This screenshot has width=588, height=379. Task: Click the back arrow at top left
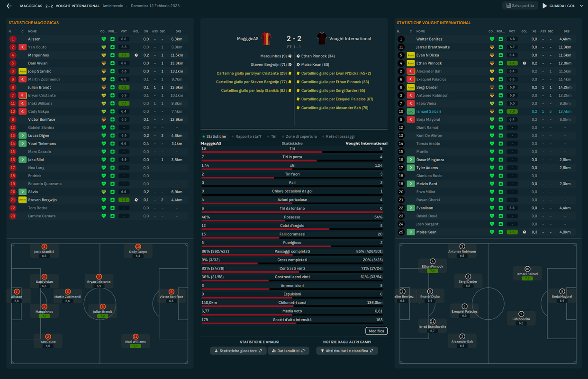click(x=9, y=6)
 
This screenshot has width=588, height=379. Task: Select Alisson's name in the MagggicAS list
click(x=34, y=39)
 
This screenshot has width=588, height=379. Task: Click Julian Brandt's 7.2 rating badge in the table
click(x=124, y=88)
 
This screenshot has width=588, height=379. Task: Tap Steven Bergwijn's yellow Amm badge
click(x=22, y=200)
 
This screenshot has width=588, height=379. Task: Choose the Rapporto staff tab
click(x=248, y=136)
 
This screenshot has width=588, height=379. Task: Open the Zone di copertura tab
click(x=300, y=136)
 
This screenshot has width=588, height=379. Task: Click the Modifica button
click(x=376, y=331)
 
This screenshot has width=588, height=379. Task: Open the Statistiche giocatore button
click(x=238, y=351)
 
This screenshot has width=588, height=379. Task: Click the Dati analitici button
click(x=289, y=351)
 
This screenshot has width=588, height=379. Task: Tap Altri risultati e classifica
click(x=347, y=351)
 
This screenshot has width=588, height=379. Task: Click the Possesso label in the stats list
click(x=292, y=217)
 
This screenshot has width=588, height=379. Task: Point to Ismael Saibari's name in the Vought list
click(x=428, y=112)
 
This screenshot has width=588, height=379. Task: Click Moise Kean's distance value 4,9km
click(x=564, y=232)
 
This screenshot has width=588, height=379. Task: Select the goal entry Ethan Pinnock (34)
click(x=317, y=56)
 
